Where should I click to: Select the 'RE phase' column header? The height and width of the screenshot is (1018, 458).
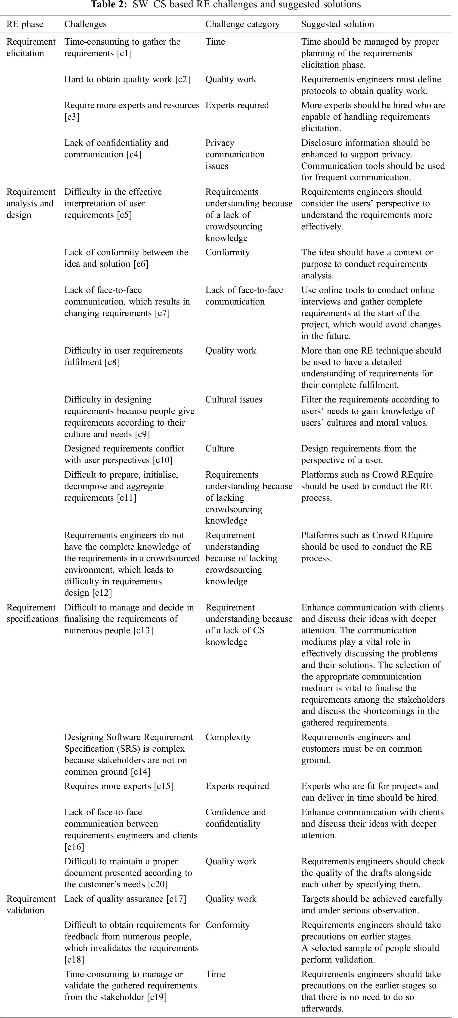click(x=25, y=24)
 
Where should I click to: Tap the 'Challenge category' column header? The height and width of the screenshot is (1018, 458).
click(x=242, y=24)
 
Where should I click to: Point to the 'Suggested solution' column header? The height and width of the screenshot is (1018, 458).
click(x=337, y=24)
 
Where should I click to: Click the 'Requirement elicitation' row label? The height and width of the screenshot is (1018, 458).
click(x=31, y=47)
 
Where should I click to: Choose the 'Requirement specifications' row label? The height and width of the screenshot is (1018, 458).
click(x=32, y=613)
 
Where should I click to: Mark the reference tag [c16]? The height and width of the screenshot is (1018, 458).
click(x=74, y=847)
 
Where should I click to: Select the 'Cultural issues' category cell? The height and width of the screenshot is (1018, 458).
click(x=233, y=399)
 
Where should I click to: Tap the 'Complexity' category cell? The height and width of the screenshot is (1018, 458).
click(x=228, y=737)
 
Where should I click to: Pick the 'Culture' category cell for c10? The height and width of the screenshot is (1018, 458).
click(x=220, y=448)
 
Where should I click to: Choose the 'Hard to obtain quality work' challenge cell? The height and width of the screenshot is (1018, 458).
click(x=127, y=79)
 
